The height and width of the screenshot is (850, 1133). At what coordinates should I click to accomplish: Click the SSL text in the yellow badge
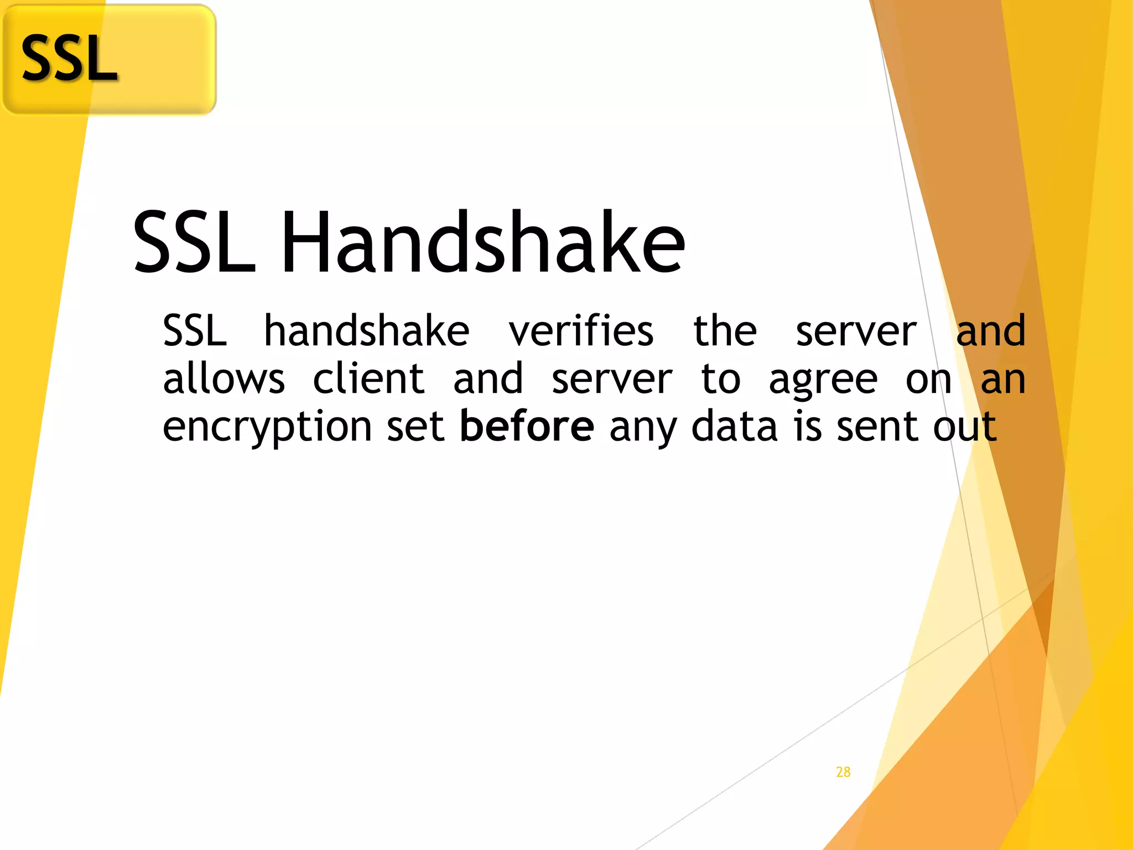click(x=69, y=58)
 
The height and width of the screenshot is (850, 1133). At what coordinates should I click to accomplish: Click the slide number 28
click(x=843, y=772)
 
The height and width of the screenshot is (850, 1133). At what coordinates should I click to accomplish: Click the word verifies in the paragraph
click(x=581, y=331)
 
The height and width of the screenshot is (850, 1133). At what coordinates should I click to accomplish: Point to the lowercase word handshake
click(x=366, y=331)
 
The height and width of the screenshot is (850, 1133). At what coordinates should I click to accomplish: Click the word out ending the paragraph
click(x=964, y=427)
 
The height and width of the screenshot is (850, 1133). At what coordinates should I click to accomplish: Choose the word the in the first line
click(x=725, y=331)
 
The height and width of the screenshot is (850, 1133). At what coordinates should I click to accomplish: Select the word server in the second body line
click(x=612, y=381)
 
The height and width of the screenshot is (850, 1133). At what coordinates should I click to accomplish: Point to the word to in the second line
click(x=720, y=380)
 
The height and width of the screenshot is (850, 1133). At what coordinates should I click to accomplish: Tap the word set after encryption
click(x=415, y=427)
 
